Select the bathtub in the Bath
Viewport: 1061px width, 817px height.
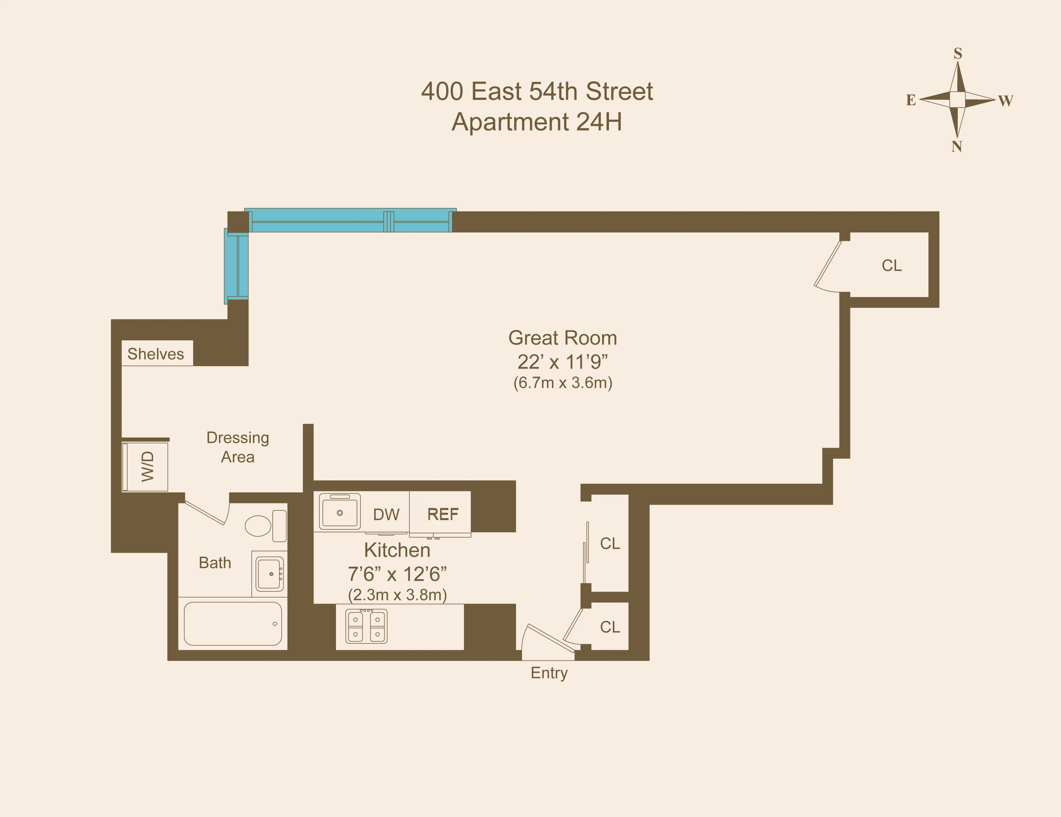tap(233, 624)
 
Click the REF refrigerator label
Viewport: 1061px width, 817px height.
tap(443, 514)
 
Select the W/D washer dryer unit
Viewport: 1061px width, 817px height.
tap(146, 466)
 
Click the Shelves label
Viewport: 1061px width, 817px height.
tap(156, 354)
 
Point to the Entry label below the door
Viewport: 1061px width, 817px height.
tap(549, 673)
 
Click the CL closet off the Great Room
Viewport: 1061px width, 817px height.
tap(892, 266)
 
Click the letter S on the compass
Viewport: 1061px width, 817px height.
tap(957, 53)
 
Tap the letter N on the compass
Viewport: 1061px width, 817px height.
tap(957, 147)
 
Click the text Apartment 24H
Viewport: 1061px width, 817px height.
tap(537, 122)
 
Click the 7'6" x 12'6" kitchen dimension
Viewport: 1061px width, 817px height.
tap(397, 574)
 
